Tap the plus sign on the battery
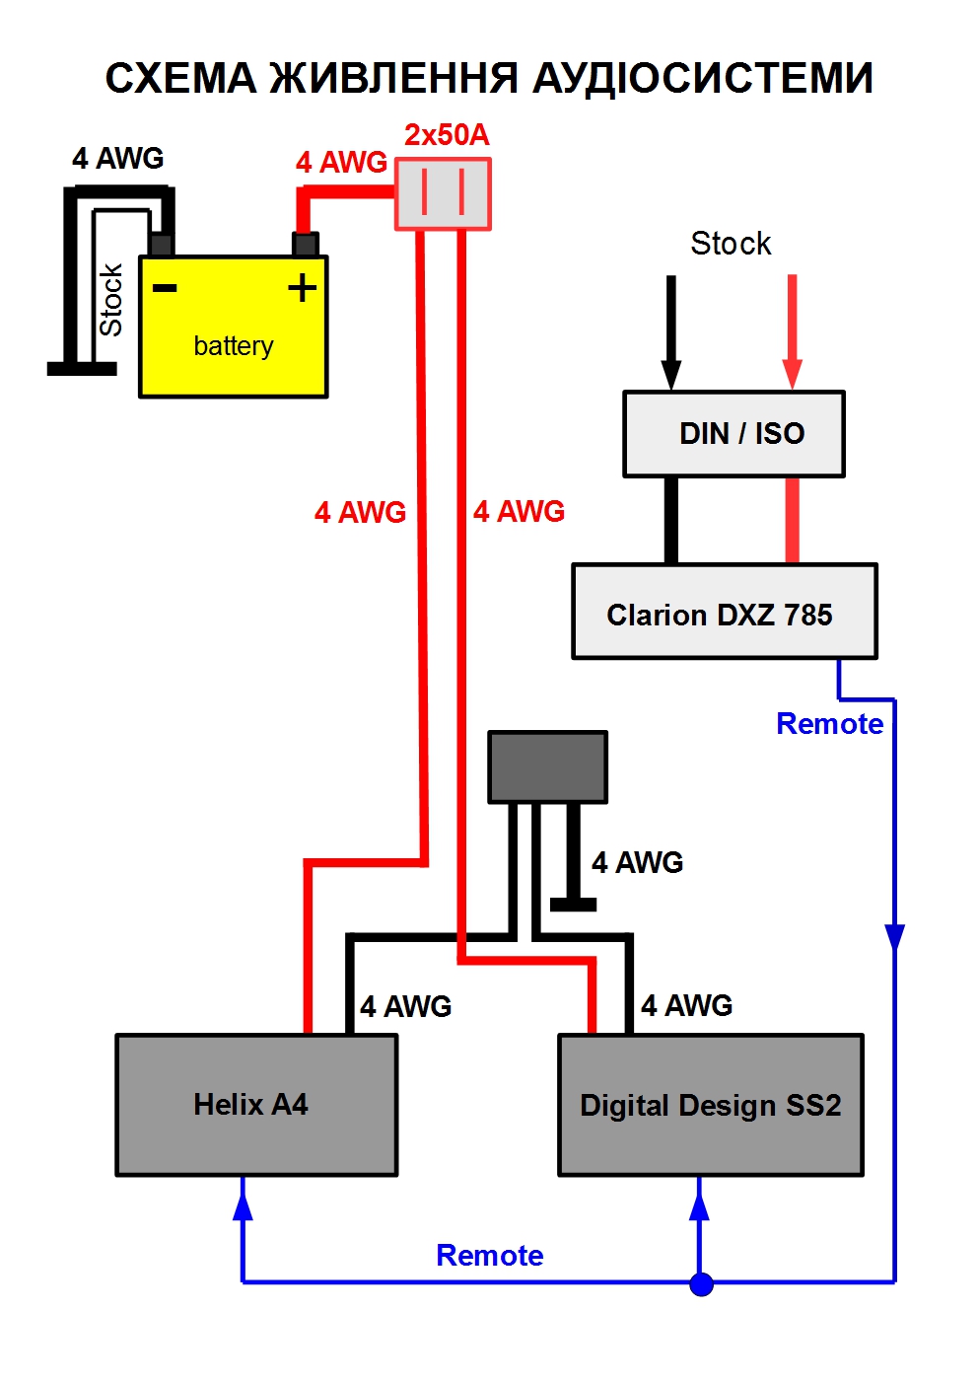[x=302, y=287]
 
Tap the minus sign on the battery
[x=165, y=288]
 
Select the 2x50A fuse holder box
[x=443, y=194]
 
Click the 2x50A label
[x=447, y=135]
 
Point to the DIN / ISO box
[x=733, y=434]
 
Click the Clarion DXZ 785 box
[x=724, y=612]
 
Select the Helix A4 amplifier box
[x=256, y=1105]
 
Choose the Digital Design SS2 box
[x=711, y=1105]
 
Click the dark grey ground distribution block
[x=548, y=766]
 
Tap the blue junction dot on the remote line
[x=701, y=1283]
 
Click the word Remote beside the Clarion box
[x=829, y=724]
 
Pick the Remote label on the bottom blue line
[x=489, y=1256]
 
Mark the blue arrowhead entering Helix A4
[x=243, y=1203]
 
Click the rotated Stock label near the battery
[x=110, y=299]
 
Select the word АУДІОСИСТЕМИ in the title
[x=702, y=78]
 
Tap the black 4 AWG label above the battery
[x=117, y=158]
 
